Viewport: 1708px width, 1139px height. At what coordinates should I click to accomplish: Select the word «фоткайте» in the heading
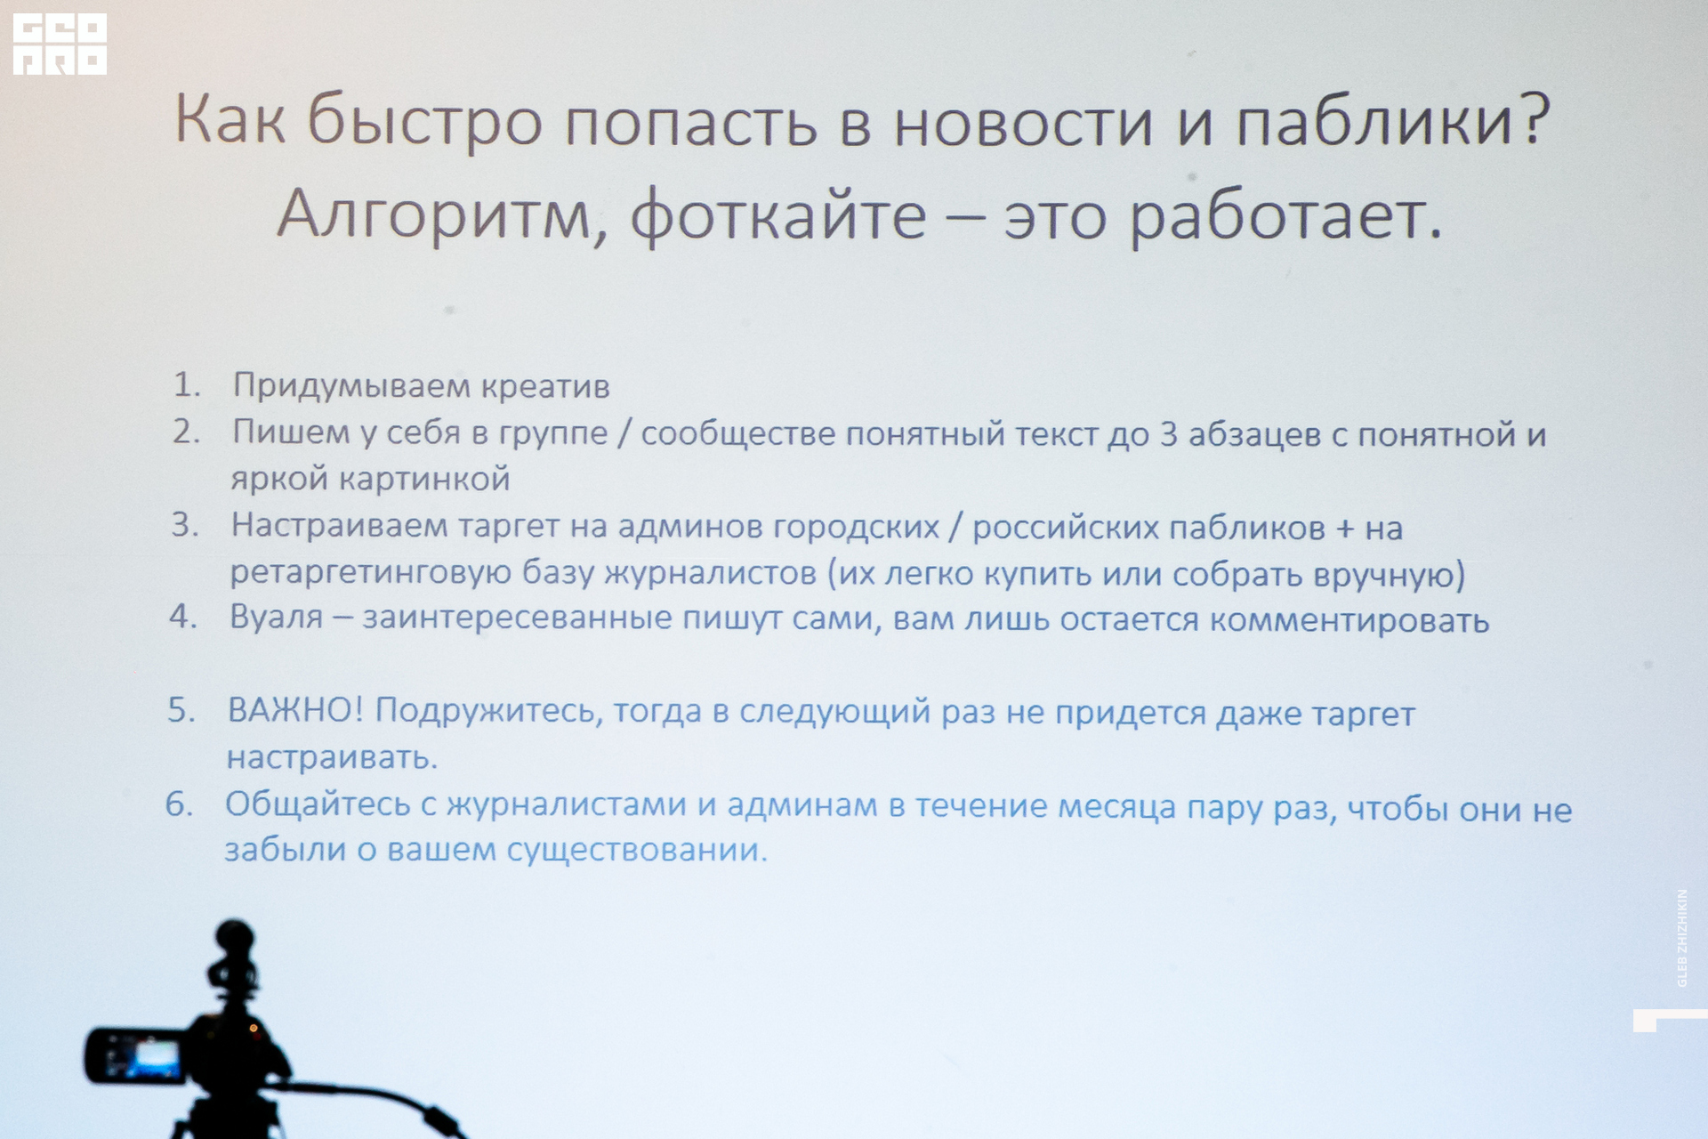778,216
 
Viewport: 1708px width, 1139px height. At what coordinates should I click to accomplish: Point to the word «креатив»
545,386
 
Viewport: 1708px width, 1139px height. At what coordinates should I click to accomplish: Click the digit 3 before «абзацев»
1169,434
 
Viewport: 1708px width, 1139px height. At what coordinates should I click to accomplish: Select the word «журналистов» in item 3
710,572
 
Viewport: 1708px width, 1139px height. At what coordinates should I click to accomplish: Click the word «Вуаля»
276,617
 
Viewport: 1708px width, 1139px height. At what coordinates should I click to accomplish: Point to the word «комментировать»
1349,620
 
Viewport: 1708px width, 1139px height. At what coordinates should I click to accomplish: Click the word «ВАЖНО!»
295,710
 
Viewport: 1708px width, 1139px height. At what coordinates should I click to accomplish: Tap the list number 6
179,804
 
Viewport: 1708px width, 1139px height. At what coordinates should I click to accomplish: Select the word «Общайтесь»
318,804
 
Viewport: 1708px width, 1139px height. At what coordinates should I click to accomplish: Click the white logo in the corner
60,44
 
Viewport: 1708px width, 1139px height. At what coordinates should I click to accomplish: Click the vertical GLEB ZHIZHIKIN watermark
1681,937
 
